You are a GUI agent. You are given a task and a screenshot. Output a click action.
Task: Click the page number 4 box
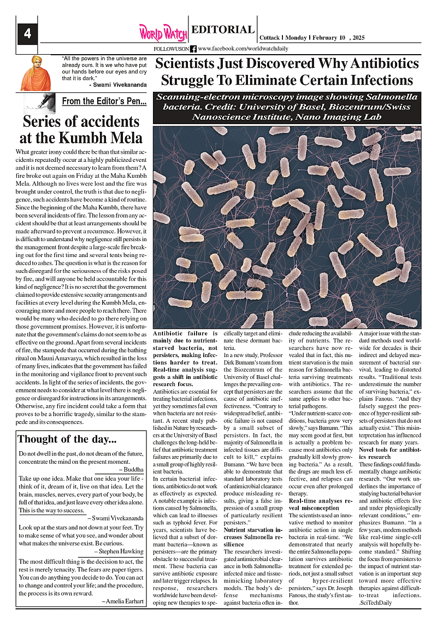click(x=27, y=33)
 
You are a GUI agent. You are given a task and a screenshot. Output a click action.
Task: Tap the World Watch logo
click(x=163, y=32)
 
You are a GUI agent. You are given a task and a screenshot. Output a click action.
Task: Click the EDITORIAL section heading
click(x=223, y=30)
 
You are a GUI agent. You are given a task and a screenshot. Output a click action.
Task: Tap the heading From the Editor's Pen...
click(x=104, y=101)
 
